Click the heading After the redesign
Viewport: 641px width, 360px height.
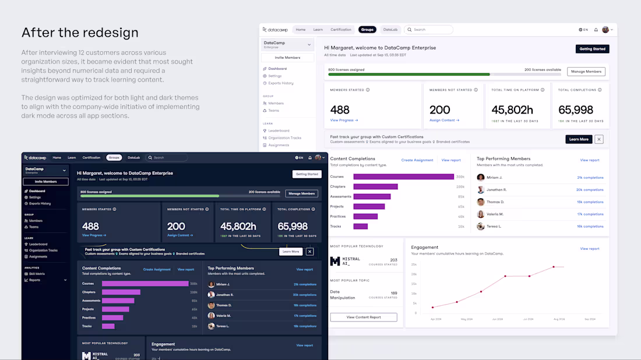coord(80,32)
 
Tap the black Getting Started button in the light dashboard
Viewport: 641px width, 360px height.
coord(592,49)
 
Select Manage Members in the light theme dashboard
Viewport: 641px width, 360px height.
coord(586,72)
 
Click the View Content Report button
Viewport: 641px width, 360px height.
coord(364,317)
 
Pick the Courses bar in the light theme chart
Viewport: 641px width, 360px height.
coord(403,177)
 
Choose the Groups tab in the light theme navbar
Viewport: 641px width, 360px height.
coord(367,30)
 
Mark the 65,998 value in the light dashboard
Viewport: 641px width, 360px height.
coord(576,110)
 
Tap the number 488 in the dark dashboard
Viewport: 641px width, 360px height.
coord(90,226)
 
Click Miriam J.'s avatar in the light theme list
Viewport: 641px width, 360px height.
coord(481,178)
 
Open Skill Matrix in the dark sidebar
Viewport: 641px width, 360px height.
coord(37,274)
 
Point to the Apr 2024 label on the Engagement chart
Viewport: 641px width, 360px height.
coord(436,319)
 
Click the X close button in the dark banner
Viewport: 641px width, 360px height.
coord(309,252)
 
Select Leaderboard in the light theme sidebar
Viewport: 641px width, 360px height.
coord(278,130)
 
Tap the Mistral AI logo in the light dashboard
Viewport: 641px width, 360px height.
coord(335,262)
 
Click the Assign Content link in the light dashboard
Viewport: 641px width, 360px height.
coord(444,120)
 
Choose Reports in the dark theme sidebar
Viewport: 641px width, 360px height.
coord(34,280)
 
